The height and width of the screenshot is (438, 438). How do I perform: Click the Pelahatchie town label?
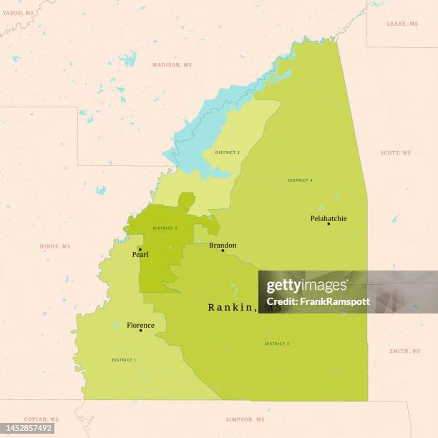[328, 218]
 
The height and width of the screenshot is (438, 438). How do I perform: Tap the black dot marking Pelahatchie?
[328, 224]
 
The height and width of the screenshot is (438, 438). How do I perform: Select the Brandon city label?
[223, 245]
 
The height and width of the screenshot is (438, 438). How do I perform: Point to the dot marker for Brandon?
[223, 250]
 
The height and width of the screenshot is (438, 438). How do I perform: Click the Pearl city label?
[140, 254]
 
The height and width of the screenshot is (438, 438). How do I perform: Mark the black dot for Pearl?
[140, 250]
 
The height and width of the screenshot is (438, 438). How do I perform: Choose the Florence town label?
[140, 325]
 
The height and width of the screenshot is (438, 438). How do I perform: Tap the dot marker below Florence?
[140, 331]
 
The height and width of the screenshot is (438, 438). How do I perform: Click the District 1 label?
[124, 360]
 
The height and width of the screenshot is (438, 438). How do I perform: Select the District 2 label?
[228, 152]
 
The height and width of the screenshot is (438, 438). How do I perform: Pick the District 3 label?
[277, 344]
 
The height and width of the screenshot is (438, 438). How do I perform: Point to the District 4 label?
[301, 180]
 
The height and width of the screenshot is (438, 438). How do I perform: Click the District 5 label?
[165, 228]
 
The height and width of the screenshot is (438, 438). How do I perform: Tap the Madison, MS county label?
[172, 65]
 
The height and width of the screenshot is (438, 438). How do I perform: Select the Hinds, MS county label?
[54, 246]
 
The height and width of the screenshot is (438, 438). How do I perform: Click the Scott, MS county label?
[395, 152]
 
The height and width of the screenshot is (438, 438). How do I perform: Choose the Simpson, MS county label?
[245, 419]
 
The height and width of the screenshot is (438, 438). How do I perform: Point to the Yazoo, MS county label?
[18, 14]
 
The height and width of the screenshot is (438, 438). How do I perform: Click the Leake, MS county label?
[402, 24]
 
